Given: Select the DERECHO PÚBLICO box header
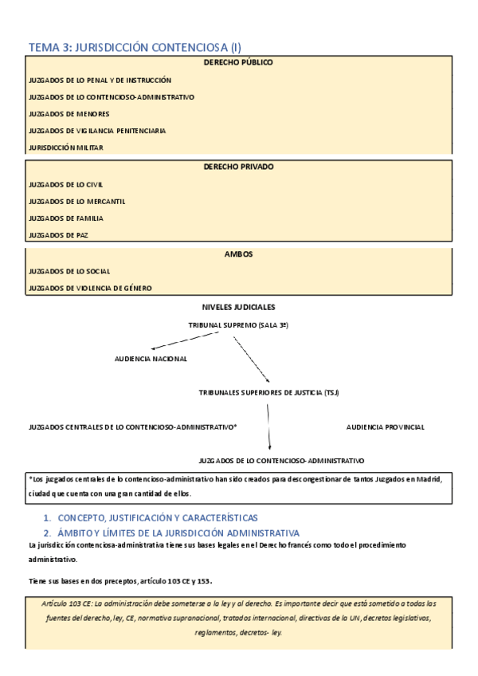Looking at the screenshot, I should (238, 62).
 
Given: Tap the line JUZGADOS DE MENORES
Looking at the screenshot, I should (69, 114).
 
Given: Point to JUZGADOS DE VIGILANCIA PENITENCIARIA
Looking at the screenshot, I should (96, 131).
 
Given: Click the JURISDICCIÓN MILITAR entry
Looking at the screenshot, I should (65, 147).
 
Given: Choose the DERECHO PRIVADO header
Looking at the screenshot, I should (238, 167).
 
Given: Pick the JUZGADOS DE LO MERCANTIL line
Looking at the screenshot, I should (76, 202).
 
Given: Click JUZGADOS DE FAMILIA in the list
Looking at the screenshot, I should (65, 218).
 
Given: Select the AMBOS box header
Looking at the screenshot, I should (238, 254).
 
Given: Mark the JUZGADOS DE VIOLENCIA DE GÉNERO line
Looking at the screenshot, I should (89, 288).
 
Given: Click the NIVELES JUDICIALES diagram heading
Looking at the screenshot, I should (238, 307).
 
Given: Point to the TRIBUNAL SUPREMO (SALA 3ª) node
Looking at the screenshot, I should (237, 326).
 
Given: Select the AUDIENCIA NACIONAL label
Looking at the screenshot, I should (151, 359).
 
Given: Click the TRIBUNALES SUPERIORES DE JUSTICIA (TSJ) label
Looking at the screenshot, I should (269, 393).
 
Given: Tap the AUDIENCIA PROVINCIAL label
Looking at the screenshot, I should (385, 427).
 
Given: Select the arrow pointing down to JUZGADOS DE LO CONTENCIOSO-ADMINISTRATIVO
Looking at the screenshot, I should (269, 430).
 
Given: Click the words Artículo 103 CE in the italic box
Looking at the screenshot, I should (67, 606).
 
